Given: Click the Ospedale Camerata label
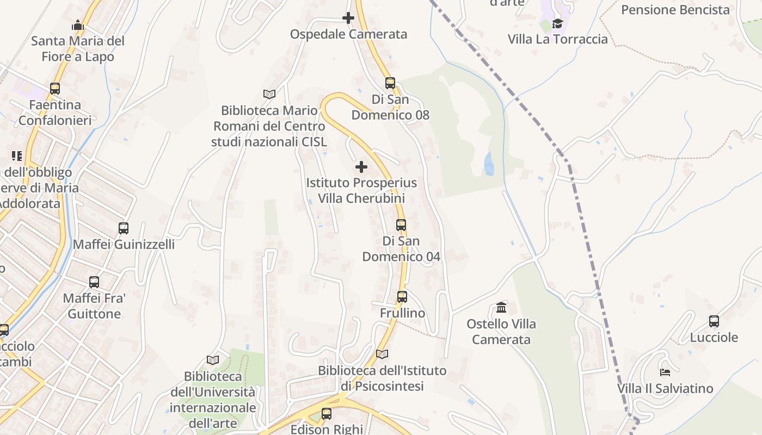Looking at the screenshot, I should [x=348, y=34].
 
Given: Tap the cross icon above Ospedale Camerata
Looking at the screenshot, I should [x=348, y=18].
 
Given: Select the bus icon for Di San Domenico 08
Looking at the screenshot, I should [x=390, y=83].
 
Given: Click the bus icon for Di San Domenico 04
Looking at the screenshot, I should [x=401, y=225].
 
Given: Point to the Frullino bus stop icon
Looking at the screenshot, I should [x=402, y=297].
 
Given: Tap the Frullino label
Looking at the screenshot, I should [x=402, y=314].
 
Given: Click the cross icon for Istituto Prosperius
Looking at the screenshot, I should [x=361, y=167].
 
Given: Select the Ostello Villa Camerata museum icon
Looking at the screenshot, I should [x=501, y=308].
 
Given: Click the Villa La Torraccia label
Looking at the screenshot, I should [x=557, y=39].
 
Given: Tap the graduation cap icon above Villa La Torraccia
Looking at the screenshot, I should [x=557, y=23].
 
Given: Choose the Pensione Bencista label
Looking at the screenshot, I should [x=675, y=10].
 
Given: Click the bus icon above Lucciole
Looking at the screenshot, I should [x=714, y=321].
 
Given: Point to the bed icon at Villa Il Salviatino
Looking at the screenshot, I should [x=665, y=372].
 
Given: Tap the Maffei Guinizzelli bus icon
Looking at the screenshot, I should [x=124, y=228].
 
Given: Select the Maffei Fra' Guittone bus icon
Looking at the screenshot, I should [x=94, y=282].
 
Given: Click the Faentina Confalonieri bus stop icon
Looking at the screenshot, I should [x=55, y=89].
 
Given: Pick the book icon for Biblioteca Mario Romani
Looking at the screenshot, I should [x=269, y=94].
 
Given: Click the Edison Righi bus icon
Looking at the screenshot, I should [x=327, y=414].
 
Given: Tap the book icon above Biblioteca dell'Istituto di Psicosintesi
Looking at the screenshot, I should [x=382, y=355].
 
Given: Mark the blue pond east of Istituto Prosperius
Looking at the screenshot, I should [x=489, y=164].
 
